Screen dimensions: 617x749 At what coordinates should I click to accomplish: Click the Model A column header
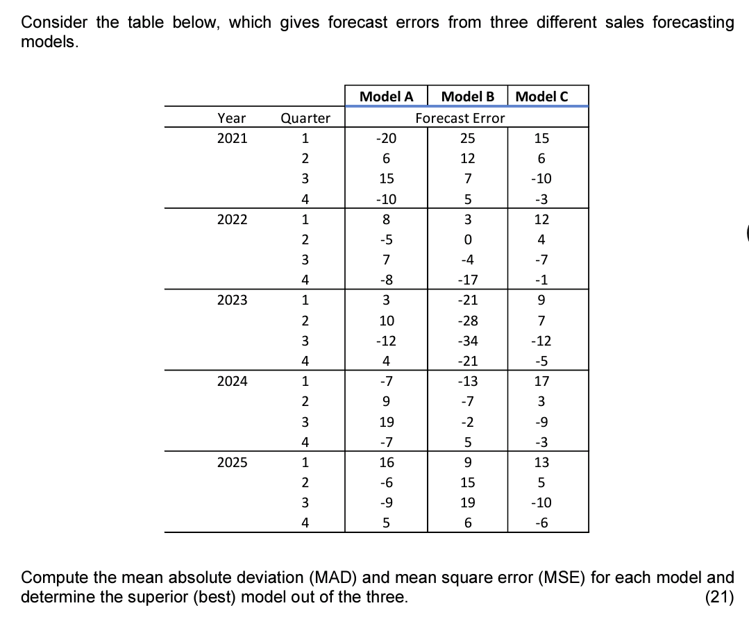tap(387, 96)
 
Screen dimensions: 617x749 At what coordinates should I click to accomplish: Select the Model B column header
tap(467, 96)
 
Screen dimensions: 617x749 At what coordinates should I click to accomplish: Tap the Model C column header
tap(542, 96)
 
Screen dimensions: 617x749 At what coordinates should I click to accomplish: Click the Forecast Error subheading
tap(460, 118)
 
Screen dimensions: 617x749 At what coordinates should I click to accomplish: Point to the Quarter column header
tap(305, 118)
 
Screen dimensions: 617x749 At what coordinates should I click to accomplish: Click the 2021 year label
tap(232, 138)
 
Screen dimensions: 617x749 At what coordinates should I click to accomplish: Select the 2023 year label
tap(232, 301)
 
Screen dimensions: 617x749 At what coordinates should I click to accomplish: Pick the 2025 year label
tap(232, 462)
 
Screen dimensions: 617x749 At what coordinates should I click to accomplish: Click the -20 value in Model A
tap(386, 138)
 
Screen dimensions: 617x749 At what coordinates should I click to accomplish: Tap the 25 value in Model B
tap(468, 138)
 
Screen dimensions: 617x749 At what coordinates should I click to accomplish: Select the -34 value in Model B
tap(468, 341)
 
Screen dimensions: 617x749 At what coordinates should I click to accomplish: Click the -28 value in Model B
tap(468, 321)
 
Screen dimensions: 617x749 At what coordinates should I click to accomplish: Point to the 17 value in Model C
tap(541, 381)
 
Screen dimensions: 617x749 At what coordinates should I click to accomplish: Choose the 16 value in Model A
tap(387, 462)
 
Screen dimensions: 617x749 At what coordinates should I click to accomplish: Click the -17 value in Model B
tap(468, 280)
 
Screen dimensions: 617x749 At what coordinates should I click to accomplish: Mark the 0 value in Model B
tap(468, 239)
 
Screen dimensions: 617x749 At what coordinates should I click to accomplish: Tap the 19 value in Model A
tap(387, 422)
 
